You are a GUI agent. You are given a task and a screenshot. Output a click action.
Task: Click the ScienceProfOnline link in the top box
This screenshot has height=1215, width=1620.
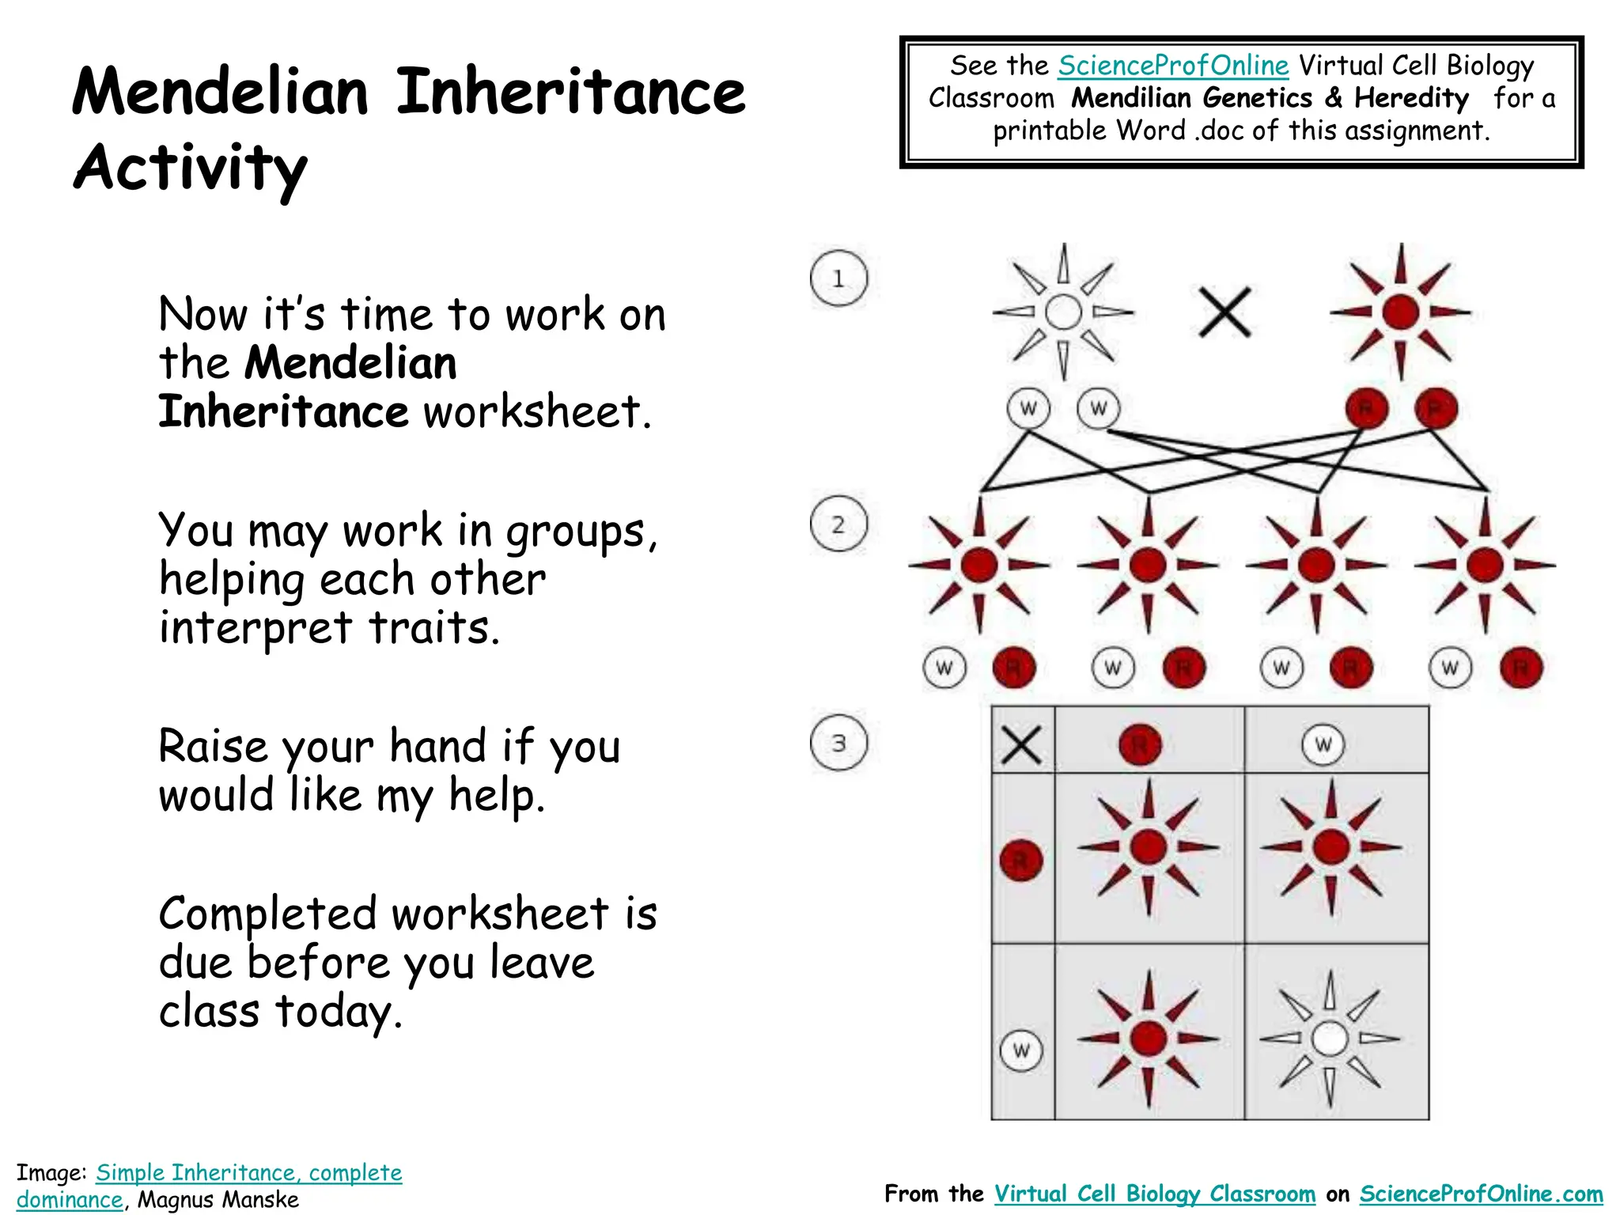pyautogui.click(x=1173, y=66)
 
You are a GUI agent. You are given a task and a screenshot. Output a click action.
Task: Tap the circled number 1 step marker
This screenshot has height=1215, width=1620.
pyautogui.click(x=838, y=278)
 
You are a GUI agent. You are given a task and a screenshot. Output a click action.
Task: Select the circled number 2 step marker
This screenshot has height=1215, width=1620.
pyautogui.click(x=838, y=524)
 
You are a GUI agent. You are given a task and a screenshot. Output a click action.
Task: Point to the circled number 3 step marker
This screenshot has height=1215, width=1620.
pyautogui.click(x=838, y=743)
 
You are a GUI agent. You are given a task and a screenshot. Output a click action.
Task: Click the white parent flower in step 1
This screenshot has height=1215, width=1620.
pyautogui.click(x=1063, y=312)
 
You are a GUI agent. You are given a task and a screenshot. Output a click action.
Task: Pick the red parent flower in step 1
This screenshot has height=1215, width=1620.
pyautogui.click(x=1400, y=312)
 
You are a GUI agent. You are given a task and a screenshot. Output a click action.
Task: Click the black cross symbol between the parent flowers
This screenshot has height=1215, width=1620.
pyautogui.click(x=1224, y=312)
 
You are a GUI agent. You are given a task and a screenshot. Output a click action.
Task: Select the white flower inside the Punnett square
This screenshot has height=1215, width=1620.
pyautogui.click(x=1330, y=1039)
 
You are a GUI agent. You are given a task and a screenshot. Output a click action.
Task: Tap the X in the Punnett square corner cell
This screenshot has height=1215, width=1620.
pyautogui.click(x=1021, y=744)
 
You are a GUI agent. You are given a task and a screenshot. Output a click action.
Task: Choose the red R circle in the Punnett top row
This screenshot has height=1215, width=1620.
pyautogui.click(x=1140, y=744)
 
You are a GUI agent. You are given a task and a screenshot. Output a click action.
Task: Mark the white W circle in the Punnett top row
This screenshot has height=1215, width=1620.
pyautogui.click(x=1323, y=744)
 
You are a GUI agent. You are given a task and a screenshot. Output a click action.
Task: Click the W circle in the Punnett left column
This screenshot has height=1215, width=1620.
pyautogui.click(x=1021, y=1050)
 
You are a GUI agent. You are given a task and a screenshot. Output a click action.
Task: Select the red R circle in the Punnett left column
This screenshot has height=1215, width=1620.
pyautogui.click(x=1021, y=860)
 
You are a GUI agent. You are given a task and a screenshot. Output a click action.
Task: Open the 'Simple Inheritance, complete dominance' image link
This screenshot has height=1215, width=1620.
pyautogui.click(x=248, y=1173)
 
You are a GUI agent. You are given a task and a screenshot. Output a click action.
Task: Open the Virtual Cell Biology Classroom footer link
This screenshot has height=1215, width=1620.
pyautogui.click(x=1154, y=1194)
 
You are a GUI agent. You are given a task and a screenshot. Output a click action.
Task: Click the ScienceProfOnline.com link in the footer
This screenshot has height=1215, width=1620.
pyautogui.click(x=1481, y=1194)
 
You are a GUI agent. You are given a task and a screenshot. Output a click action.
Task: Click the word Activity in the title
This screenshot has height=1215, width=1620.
pyautogui.click(x=190, y=168)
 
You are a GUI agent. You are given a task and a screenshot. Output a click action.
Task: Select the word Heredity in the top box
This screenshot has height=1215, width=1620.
pyautogui.click(x=1411, y=98)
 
